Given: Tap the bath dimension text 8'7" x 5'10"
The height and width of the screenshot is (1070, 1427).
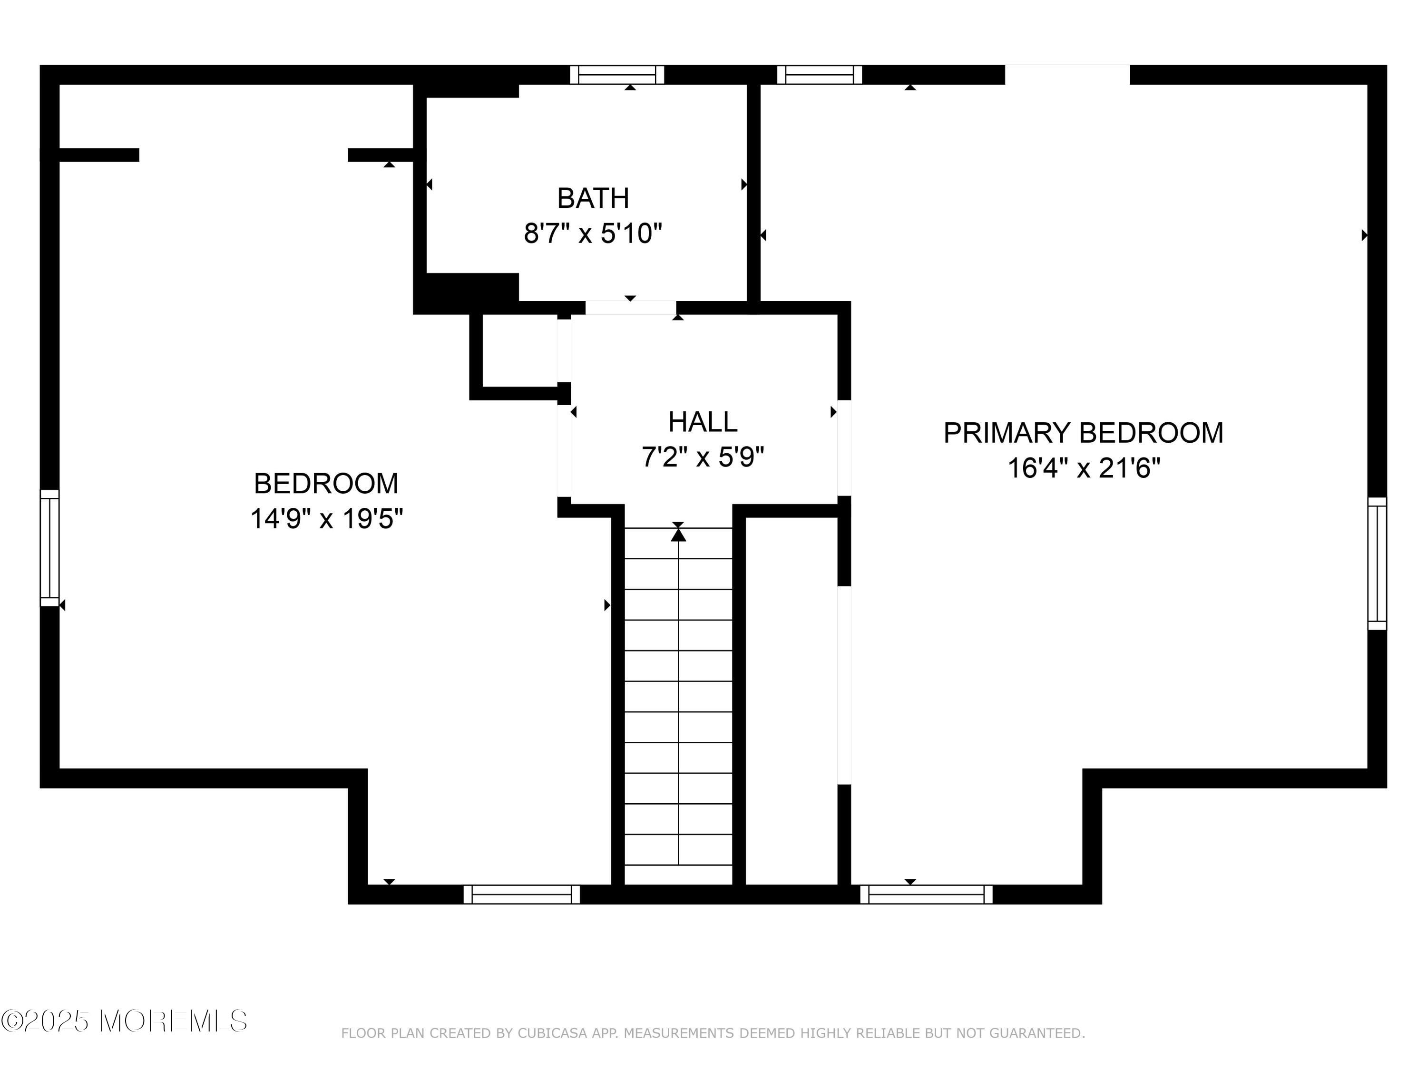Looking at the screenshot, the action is click(593, 233).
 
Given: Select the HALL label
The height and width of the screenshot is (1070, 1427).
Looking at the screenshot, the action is click(703, 422).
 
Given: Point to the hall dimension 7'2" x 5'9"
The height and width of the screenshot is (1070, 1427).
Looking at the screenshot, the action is click(703, 457).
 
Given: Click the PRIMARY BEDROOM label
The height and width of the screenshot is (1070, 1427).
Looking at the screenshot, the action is click(1083, 433).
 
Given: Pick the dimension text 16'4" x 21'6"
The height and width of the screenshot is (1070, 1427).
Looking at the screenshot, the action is click(1083, 467).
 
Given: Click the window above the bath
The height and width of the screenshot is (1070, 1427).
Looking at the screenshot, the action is click(617, 75).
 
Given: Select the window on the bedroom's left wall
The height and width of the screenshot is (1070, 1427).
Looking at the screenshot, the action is click(49, 547).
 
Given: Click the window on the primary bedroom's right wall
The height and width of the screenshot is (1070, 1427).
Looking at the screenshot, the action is click(1378, 563).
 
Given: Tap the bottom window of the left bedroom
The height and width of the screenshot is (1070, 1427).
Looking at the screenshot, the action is click(522, 895).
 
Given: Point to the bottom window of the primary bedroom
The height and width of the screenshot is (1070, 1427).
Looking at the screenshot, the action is click(927, 895).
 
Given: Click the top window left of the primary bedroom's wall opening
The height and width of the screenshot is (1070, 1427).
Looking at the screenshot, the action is click(819, 75).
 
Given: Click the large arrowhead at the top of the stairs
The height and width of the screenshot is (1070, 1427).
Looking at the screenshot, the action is click(678, 535).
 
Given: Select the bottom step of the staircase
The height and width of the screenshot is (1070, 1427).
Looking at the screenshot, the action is click(679, 875).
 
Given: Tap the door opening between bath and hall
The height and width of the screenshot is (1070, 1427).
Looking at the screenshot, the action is click(630, 308).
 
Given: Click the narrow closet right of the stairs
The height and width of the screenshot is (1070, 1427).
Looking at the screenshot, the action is click(792, 701).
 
